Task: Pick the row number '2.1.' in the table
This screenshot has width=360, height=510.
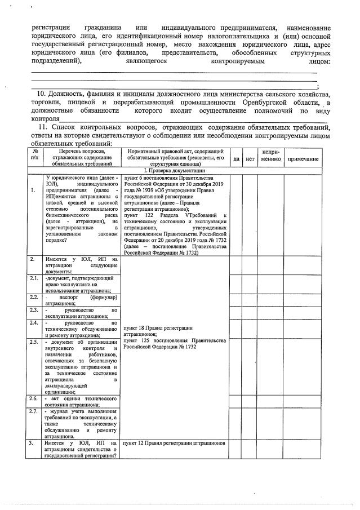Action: pyautogui.click(x=34, y=278)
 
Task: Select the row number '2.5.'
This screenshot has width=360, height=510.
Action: pyautogui.click(x=34, y=342)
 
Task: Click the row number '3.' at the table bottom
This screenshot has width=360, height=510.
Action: pyautogui.click(x=33, y=443)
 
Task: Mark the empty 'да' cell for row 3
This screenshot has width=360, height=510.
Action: pyautogui.click(x=237, y=449)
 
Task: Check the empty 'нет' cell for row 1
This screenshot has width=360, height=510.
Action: pyautogui.click(x=250, y=214)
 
